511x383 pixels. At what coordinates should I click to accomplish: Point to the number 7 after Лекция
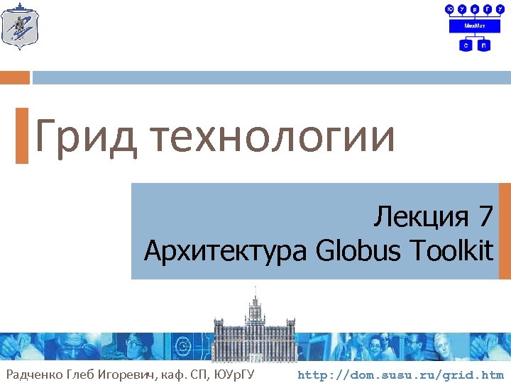click(x=485, y=217)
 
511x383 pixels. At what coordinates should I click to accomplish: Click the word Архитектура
click(x=225, y=250)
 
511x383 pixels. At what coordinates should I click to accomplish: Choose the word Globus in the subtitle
click(x=353, y=250)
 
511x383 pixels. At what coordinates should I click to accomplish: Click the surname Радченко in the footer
click(x=35, y=374)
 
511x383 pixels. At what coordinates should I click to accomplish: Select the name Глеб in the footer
click(x=84, y=374)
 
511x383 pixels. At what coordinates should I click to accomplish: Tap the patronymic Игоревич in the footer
click(x=133, y=374)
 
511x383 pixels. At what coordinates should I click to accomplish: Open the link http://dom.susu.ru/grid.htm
click(x=400, y=374)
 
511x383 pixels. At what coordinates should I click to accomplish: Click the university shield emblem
click(x=19, y=28)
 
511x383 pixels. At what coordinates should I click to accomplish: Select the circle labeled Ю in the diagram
click(x=450, y=9)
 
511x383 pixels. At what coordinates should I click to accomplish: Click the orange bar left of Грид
click(x=22, y=135)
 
